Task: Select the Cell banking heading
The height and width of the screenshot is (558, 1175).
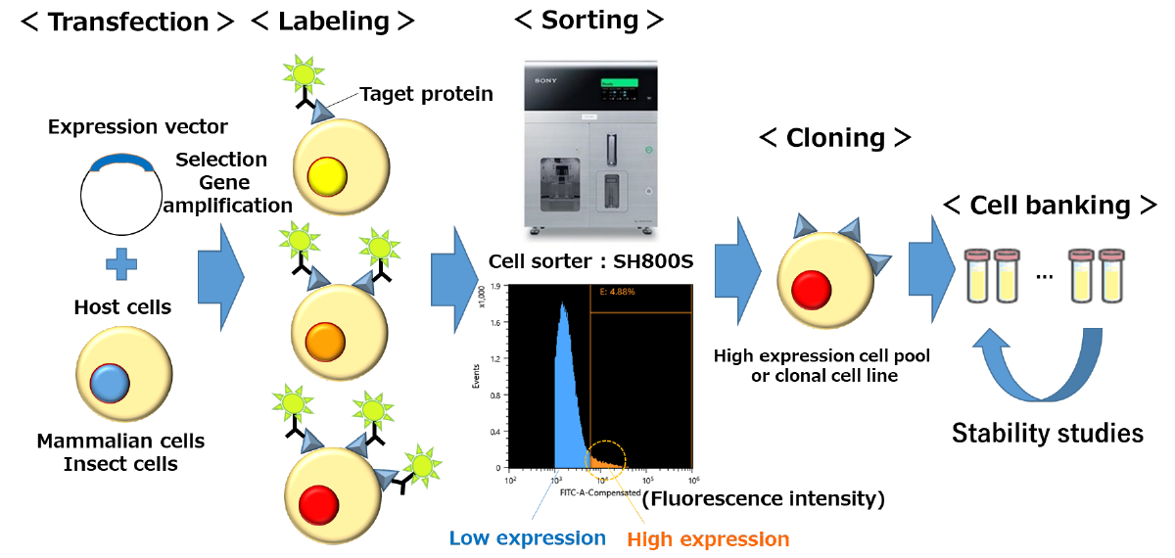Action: click(1051, 206)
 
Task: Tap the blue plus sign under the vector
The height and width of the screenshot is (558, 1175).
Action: click(121, 263)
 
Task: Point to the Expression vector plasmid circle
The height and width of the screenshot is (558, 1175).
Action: click(121, 195)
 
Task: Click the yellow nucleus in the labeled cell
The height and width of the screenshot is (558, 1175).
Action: click(327, 176)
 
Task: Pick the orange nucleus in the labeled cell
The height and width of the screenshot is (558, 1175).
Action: click(323, 343)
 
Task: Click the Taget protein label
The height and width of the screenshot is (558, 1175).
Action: click(426, 94)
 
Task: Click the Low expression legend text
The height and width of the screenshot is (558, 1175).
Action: click(528, 537)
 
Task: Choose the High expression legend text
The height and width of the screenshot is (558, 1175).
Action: click(708, 538)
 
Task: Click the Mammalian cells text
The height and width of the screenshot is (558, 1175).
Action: click(121, 441)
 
